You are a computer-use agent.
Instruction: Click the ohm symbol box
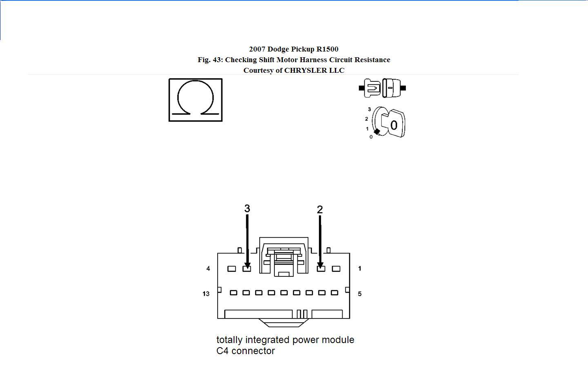tap(195, 100)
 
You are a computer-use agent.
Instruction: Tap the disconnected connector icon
tap(382, 88)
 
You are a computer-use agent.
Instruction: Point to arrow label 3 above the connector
tap(247, 209)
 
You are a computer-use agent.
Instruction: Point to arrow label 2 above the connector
tap(320, 209)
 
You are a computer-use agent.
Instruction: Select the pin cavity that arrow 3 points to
tap(247, 269)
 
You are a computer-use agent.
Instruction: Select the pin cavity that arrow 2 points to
tap(321, 269)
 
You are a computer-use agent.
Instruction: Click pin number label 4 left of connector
tap(208, 269)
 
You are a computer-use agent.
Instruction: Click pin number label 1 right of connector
tap(359, 269)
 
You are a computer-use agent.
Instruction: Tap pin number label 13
tap(206, 294)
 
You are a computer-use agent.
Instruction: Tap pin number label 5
tap(359, 294)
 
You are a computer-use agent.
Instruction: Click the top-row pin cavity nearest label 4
tap(232, 269)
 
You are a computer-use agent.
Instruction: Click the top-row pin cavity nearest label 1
tap(336, 269)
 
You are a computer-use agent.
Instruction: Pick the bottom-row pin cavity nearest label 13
tap(234, 293)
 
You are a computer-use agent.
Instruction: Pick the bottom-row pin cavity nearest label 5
tap(334, 293)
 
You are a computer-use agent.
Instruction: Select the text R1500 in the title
tap(327, 49)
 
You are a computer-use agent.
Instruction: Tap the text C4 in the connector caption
tap(223, 351)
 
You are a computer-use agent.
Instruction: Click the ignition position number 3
tap(370, 109)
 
